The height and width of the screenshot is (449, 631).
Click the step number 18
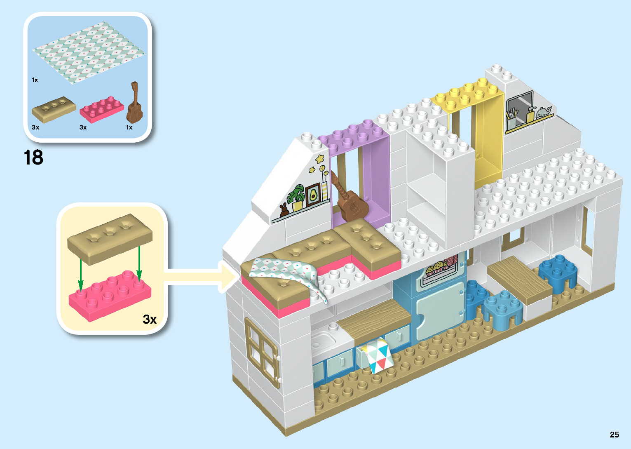(x=33, y=158)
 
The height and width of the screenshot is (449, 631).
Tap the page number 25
(x=614, y=434)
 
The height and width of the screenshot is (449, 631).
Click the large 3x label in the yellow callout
(x=150, y=319)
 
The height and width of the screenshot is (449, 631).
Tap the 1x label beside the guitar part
(x=129, y=127)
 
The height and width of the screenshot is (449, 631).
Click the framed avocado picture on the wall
(x=313, y=195)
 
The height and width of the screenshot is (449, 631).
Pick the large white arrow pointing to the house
(x=198, y=277)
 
